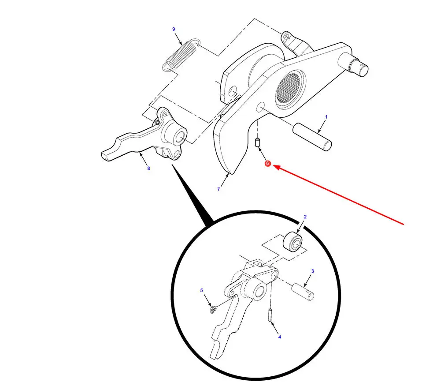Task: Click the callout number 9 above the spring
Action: [x=174, y=29]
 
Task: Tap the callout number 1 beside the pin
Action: [x=326, y=117]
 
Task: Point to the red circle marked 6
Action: [x=268, y=163]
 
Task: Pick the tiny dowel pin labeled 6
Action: [x=257, y=142]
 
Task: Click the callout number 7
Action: [x=218, y=189]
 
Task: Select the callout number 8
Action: [x=148, y=169]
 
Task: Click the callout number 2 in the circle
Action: [x=305, y=217]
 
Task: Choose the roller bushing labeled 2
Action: [x=292, y=242]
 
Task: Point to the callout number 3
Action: [x=313, y=271]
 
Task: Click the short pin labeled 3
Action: [x=303, y=292]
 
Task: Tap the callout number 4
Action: [x=280, y=337]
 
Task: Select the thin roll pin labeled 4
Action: [x=270, y=315]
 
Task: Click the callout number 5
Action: [x=201, y=290]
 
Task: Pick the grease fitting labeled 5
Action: [x=213, y=309]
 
